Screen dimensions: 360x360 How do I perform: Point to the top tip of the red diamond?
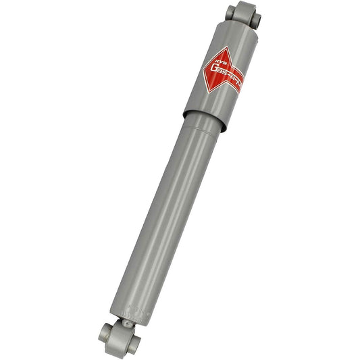pyautogui.click(x=225, y=47)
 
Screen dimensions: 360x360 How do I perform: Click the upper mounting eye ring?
pyautogui.click(x=245, y=14)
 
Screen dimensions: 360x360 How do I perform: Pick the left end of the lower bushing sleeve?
pyautogui.click(x=105, y=332)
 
